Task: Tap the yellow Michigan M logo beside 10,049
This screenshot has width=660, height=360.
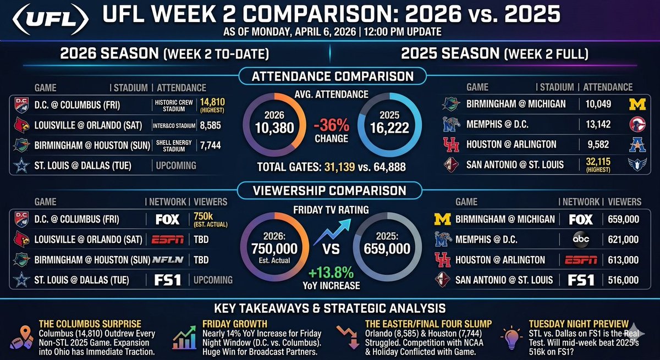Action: tap(637, 104)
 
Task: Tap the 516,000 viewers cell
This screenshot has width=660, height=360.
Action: tap(623, 280)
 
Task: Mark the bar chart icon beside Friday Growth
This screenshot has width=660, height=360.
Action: tap(184, 336)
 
